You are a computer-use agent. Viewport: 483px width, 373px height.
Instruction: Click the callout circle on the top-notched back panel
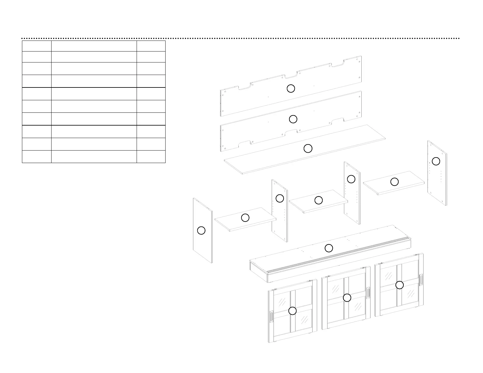coord(291,88)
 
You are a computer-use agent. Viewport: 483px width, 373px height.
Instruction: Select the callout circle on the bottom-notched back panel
coord(293,119)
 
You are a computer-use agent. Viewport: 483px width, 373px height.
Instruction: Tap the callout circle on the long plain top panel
coord(308,148)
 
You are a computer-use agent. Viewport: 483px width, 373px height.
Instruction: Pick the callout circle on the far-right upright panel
coord(436,161)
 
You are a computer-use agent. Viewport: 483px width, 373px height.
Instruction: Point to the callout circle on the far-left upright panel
coord(201,230)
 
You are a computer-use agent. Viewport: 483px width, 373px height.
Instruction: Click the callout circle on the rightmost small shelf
coord(395,182)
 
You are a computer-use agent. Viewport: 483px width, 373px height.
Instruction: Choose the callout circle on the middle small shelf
coord(319,200)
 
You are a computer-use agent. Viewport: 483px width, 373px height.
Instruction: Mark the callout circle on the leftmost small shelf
coord(245,218)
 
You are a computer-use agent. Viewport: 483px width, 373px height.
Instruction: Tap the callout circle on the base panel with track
coord(329,248)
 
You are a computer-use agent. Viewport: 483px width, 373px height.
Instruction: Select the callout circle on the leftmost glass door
coord(292,311)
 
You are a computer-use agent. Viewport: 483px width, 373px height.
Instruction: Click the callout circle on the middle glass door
coord(347,297)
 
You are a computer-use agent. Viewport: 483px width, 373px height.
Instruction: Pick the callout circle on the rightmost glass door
coord(399,285)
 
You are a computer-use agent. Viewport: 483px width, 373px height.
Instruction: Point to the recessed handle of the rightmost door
coord(421,280)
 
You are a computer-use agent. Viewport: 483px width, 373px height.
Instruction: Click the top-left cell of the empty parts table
coord(37,46)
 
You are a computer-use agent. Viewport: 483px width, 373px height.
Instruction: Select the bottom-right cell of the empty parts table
coord(151,157)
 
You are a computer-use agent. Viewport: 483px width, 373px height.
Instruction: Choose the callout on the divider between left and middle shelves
coord(280,198)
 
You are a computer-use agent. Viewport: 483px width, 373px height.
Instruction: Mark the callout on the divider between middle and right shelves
coord(351,179)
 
